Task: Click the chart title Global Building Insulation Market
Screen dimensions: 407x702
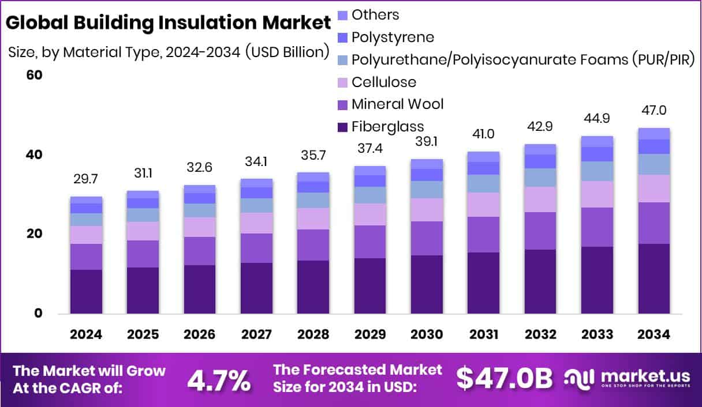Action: pyautogui.click(x=170, y=22)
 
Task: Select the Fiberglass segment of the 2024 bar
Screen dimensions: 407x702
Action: pyautogui.click(x=86, y=291)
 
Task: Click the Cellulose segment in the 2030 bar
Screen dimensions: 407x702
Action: pyautogui.click(x=427, y=210)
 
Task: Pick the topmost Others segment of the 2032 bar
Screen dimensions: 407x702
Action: pyautogui.click(x=540, y=149)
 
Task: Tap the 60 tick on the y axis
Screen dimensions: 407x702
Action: pyautogui.click(x=35, y=76)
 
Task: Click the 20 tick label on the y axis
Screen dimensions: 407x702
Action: pyautogui.click(x=35, y=234)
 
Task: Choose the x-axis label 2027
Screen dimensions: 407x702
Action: pyautogui.click(x=256, y=335)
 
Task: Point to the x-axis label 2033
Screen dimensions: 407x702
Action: pyautogui.click(x=597, y=335)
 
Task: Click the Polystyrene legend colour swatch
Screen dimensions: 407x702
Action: pyautogui.click(x=342, y=37)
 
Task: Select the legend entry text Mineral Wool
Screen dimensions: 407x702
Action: pyautogui.click(x=397, y=104)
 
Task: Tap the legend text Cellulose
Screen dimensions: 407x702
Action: pyautogui.click(x=383, y=82)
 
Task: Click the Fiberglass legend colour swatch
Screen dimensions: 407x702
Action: pyautogui.click(x=342, y=126)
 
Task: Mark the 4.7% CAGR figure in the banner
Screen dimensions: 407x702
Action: pyautogui.click(x=219, y=380)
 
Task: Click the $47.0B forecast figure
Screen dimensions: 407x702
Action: pyautogui.click(x=504, y=379)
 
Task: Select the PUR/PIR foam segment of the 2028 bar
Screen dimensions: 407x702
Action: pyautogui.click(x=313, y=200)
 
